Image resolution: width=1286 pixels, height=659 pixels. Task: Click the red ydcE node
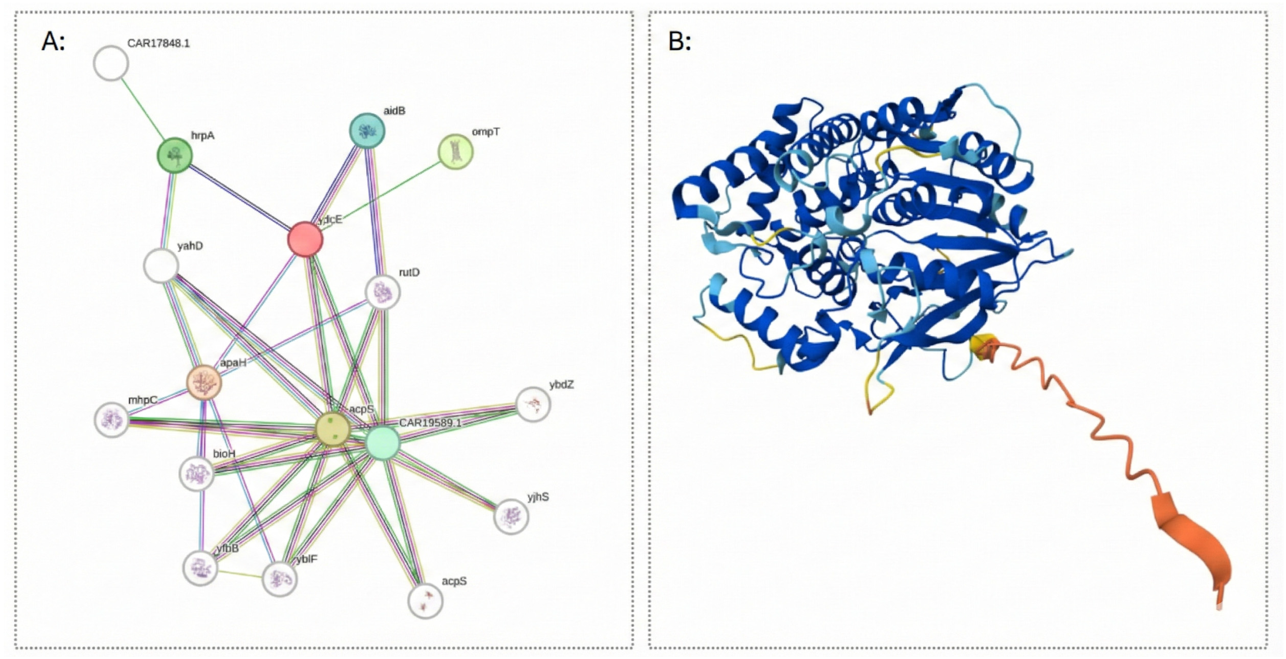pyautogui.click(x=305, y=239)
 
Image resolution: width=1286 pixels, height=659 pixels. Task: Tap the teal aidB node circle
pyautogui.click(x=367, y=131)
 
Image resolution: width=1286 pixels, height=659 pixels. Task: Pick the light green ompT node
pyautogui.click(x=455, y=151)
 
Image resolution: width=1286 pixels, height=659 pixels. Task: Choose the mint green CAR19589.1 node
pyautogui.click(x=382, y=442)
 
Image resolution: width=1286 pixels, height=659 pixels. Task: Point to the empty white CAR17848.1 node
pyautogui.click(x=111, y=63)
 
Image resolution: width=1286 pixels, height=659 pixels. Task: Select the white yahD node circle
pyautogui.click(x=161, y=266)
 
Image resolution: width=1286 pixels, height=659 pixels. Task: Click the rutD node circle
pyautogui.click(x=383, y=292)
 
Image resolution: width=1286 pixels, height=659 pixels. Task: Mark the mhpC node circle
pyautogui.click(x=112, y=420)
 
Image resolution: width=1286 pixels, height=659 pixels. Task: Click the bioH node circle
pyautogui.click(x=197, y=473)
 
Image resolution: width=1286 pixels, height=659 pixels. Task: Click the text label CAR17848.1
pyautogui.click(x=158, y=43)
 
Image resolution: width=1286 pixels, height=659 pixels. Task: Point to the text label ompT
pyautogui.click(x=485, y=132)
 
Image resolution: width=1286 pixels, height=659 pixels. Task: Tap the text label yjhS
pyautogui.click(x=538, y=497)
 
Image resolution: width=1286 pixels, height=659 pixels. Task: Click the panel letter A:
pyautogui.click(x=53, y=42)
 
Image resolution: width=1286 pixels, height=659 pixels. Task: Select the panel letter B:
pyautogui.click(x=679, y=42)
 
